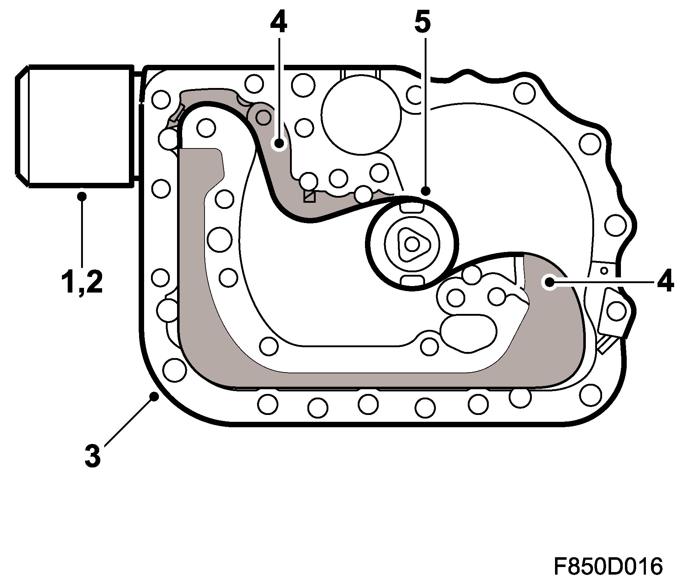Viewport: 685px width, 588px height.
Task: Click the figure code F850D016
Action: pos(608,566)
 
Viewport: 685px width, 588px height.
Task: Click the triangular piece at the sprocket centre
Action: pos(412,244)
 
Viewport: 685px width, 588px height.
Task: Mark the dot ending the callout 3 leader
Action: pos(154,396)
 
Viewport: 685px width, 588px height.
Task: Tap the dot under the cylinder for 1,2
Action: pos(82,196)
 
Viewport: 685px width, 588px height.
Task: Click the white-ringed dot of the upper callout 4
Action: pos(279,144)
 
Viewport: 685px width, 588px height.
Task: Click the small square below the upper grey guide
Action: pos(309,196)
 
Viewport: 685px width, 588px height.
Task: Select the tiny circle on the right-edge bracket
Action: pos(604,270)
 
